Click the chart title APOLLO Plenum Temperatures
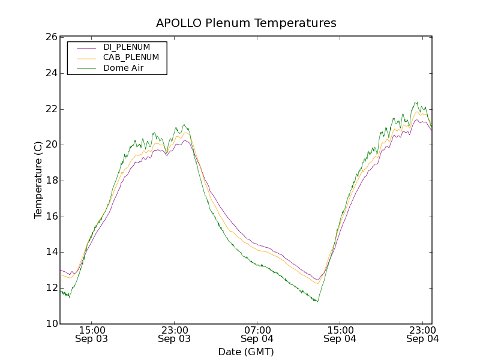click(246, 23)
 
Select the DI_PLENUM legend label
click(127, 47)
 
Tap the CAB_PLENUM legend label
click(131, 58)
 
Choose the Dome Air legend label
click(123, 68)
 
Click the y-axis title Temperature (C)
click(38, 180)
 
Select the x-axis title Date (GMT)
click(246, 352)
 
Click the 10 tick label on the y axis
click(52, 324)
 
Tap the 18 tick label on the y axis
click(52, 181)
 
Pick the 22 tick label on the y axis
click(52, 109)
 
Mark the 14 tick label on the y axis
click(52, 253)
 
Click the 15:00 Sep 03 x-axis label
click(92, 334)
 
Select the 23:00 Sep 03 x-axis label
click(175, 334)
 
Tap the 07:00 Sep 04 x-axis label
click(257, 334)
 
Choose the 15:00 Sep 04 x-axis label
click(340, 334)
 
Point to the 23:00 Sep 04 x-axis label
click(422, 334)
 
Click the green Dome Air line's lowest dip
click(317, 301)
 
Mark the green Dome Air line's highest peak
click(415, 103)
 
